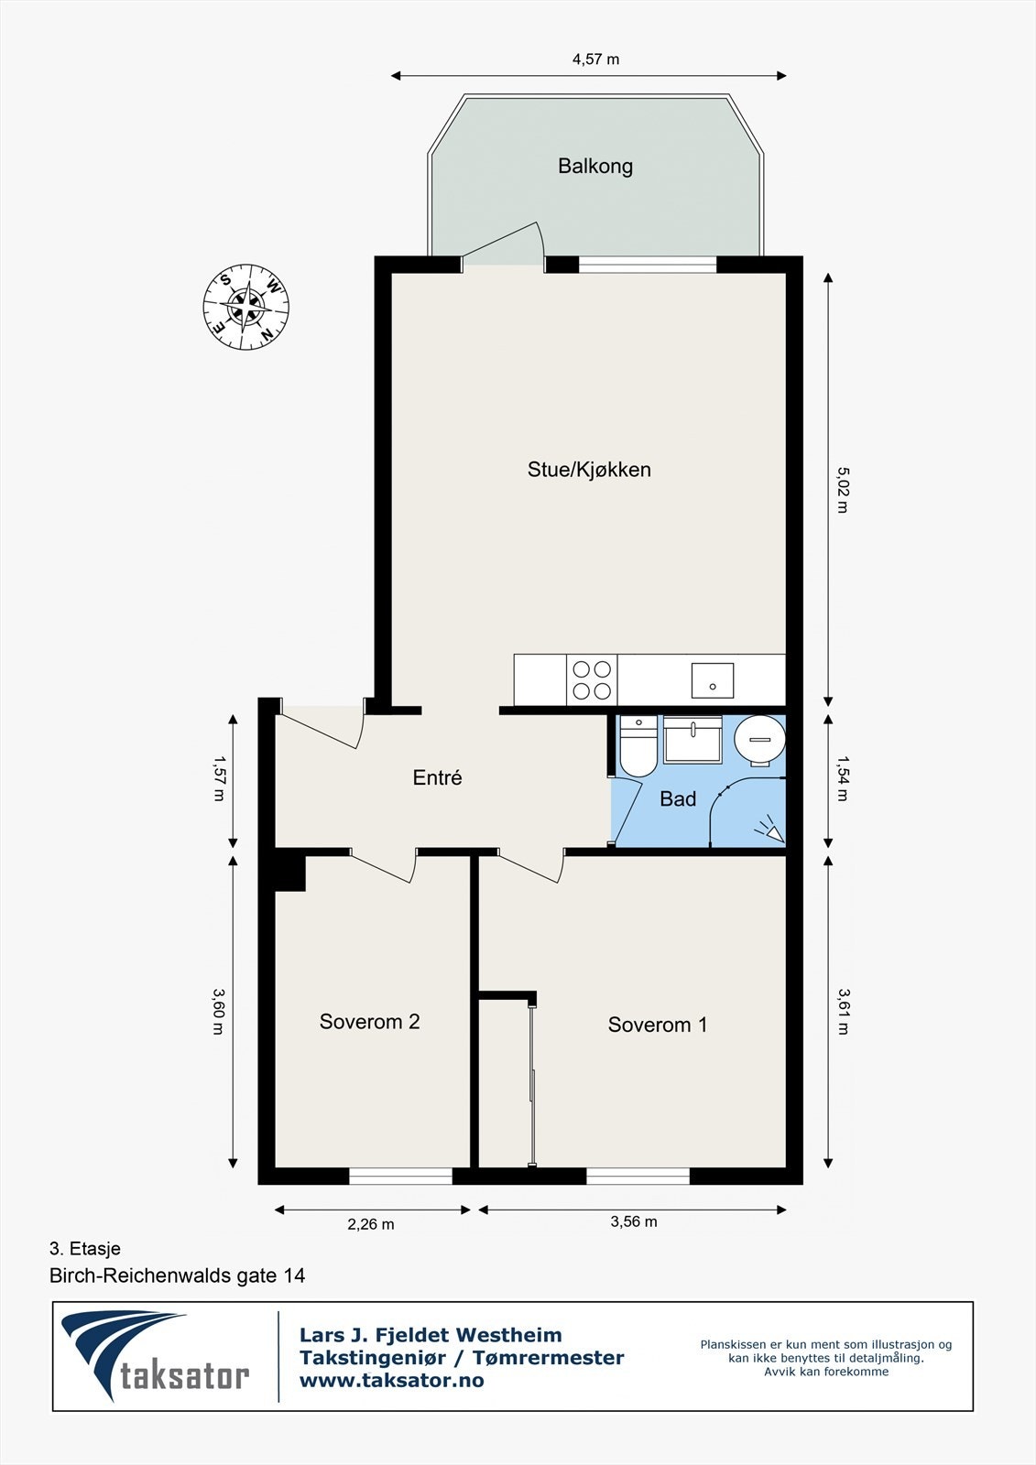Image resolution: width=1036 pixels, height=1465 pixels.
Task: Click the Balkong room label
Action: pos(594,166)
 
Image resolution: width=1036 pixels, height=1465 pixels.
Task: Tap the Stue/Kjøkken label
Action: pos(589,470)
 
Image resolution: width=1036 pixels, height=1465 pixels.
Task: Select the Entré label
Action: pos(437,777)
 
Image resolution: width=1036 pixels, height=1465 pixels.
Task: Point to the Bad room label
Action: pos(677,798)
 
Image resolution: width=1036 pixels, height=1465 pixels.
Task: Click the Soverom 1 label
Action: pos(657,1025)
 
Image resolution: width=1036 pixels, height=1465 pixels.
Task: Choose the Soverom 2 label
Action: pos(369,1021)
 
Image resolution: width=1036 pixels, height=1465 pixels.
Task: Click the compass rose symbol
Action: pos(246,307)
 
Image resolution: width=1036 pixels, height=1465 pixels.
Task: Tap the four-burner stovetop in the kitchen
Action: pos(592,680)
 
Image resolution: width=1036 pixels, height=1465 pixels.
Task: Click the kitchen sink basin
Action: pos(713,680)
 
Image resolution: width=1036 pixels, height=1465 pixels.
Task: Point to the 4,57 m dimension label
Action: pos(595,60)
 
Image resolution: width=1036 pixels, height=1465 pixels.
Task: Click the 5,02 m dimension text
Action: pos(843,489)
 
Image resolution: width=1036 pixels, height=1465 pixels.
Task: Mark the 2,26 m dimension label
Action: pos(370,1224)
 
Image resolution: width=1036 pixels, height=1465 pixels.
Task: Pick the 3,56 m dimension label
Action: pos(634,1221)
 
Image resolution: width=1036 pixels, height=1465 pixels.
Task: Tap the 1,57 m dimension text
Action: pos(219,778)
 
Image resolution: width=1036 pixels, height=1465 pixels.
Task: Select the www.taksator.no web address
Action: pos(391,1381)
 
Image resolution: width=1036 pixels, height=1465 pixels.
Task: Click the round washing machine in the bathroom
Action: pos(759,740)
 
